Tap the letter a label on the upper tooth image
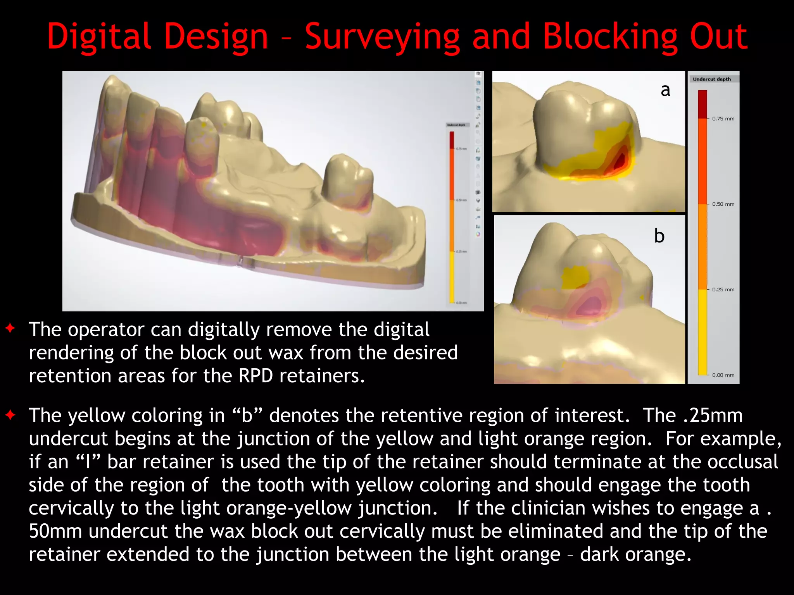pos(665,90)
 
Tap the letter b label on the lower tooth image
pos(659,236)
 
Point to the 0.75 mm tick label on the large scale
pos(723,119)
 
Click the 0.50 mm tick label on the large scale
pos(723,204)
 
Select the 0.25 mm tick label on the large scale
pos(723,290)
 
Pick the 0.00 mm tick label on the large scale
pos(723,375)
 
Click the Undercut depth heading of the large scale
pos(712,79)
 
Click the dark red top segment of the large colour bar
pos(703,104)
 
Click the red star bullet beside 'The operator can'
pos(10,328)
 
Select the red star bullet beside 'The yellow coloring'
pos(10,415)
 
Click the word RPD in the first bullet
pos(256,376)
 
